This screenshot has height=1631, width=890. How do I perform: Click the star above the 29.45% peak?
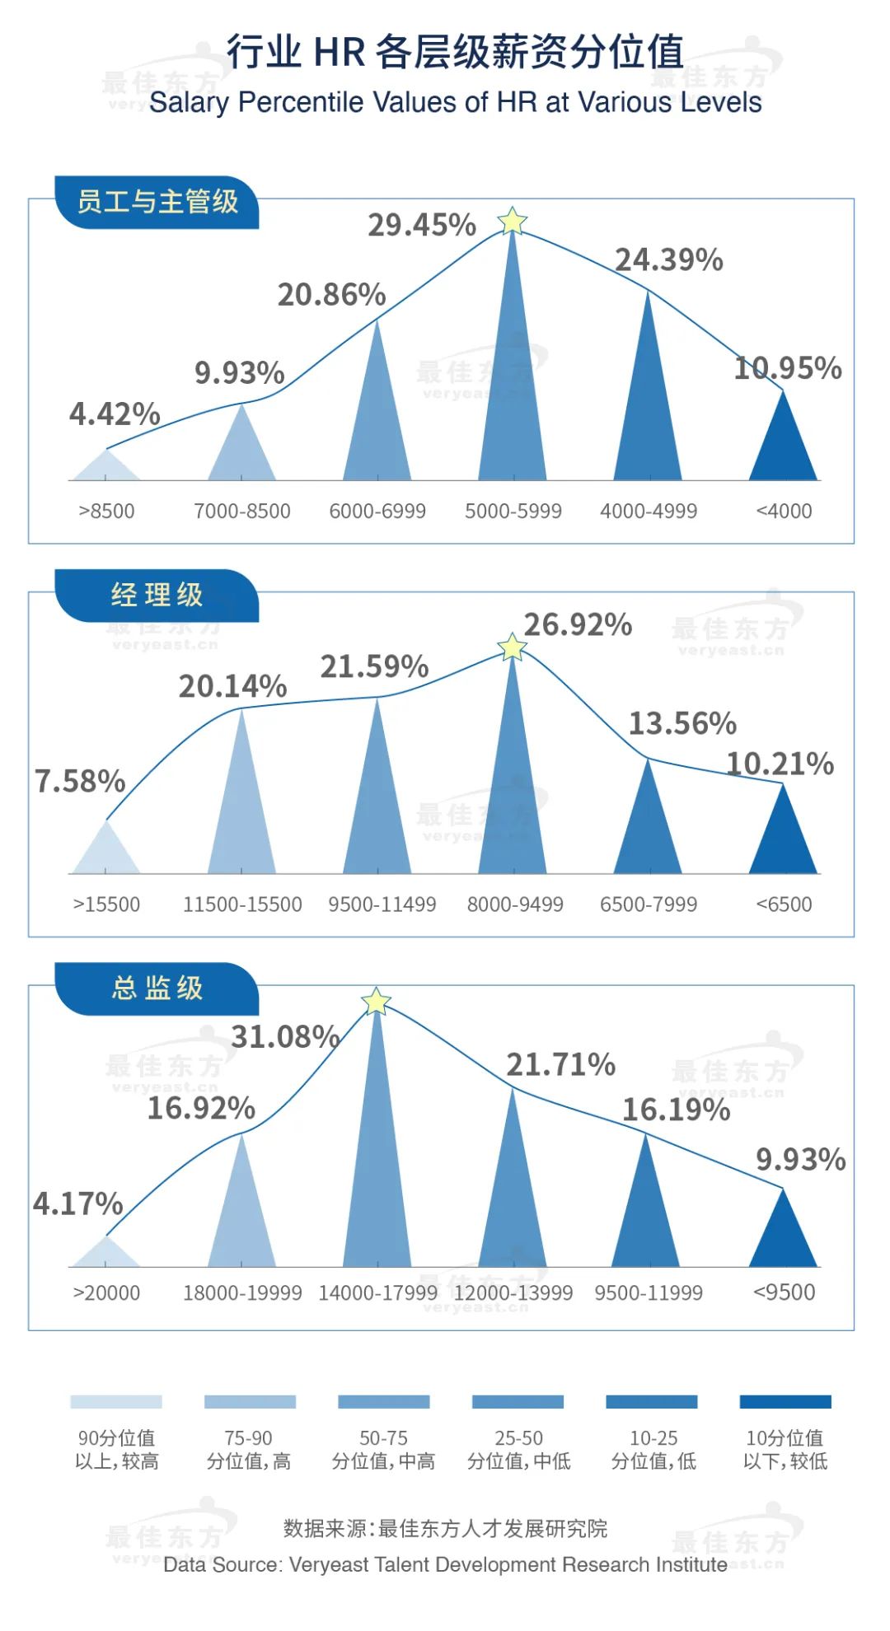513,222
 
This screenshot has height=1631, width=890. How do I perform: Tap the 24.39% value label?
669,260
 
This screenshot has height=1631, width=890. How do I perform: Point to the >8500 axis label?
106,512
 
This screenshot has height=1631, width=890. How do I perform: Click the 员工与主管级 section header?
157,202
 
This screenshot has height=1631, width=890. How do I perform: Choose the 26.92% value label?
578,625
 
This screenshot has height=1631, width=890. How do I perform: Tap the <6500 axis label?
784,904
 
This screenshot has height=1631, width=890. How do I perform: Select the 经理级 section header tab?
157,595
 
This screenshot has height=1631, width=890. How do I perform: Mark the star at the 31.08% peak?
377,1002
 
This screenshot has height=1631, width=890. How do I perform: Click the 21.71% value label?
560,1065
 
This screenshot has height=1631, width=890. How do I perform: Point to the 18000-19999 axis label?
242,1293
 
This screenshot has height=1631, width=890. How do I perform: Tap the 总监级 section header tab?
157,988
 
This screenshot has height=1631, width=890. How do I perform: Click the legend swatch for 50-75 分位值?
384,1402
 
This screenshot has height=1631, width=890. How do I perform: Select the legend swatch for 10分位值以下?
785,1402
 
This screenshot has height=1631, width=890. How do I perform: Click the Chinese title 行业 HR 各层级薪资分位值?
455,52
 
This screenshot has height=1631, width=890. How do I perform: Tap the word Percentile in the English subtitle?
300,103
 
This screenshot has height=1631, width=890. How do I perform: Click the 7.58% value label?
80,782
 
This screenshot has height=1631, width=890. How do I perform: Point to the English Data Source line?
445,1565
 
